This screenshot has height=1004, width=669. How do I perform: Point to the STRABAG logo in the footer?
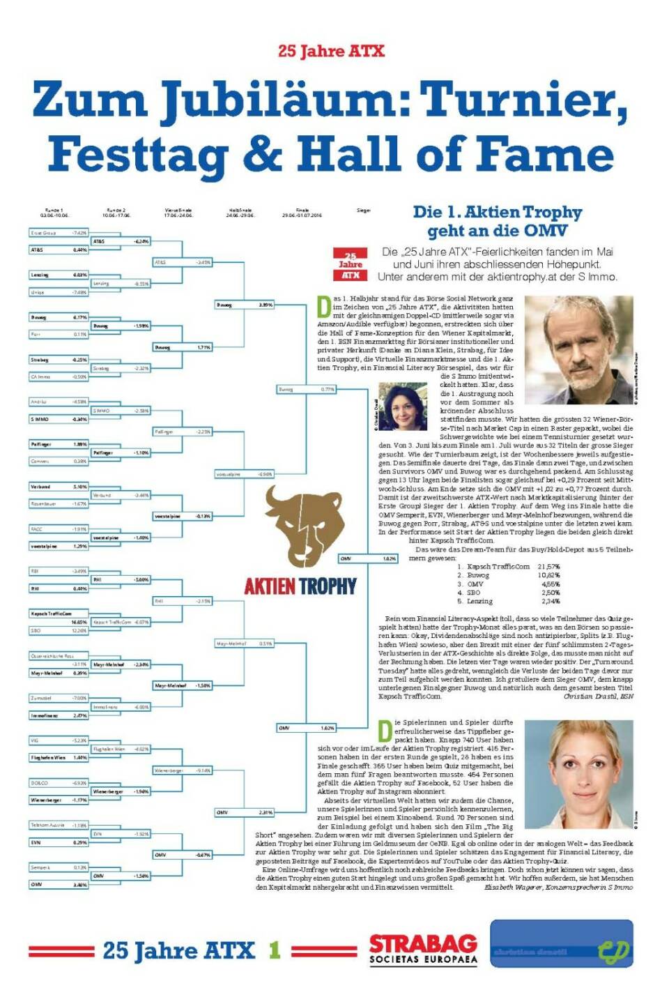coord(423,949)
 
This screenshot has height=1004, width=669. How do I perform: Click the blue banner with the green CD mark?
coord(561,943)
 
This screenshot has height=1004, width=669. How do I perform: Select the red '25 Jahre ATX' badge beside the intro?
coord(350,266)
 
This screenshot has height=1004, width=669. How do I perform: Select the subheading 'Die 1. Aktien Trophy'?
coord(497,212)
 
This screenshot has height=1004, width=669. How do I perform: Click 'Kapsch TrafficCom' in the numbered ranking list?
coord(498,566)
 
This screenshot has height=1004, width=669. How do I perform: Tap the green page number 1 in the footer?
coord(275,950)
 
